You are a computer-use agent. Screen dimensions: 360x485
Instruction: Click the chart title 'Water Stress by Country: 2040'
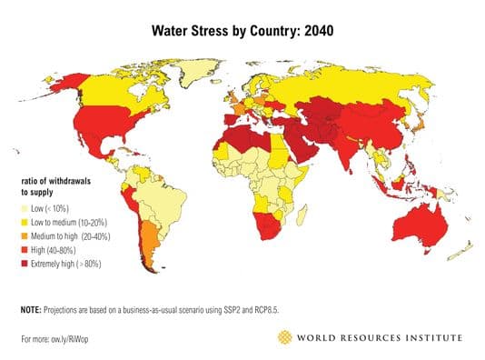click(242, 30)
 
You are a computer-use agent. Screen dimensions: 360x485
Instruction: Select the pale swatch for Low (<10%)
click(25, 208)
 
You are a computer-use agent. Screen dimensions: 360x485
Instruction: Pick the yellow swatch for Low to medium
click(25, 221)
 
